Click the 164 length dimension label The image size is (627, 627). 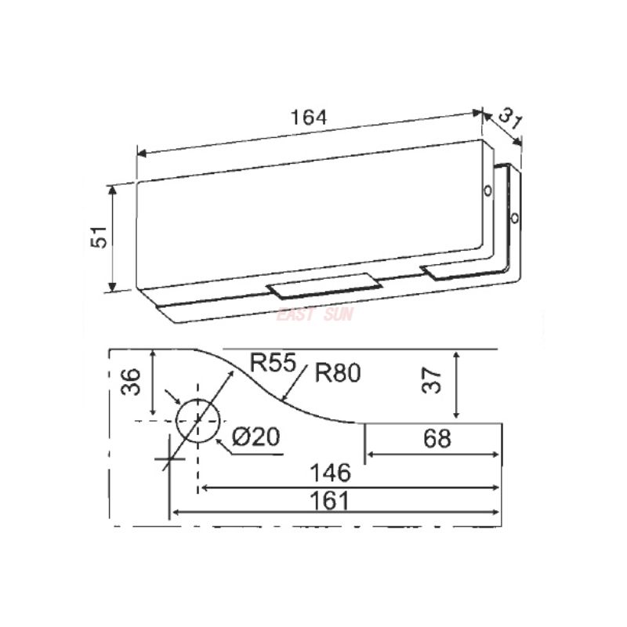click(308, 117)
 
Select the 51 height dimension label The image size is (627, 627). click(98, 237)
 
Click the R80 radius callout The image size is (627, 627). click(337, 373)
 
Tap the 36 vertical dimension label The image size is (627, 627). click(132, 382)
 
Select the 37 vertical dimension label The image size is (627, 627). click(436, 382)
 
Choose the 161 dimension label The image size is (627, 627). click(332, 500)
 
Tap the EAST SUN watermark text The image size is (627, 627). click(316, 315)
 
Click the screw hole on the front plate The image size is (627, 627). click(487, 190)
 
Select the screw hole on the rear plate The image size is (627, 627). click(515, 217)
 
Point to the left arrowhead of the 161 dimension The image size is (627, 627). click(176, 512)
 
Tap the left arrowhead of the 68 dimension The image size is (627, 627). click(370, 455)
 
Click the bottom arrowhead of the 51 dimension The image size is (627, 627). click(113, 287)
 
